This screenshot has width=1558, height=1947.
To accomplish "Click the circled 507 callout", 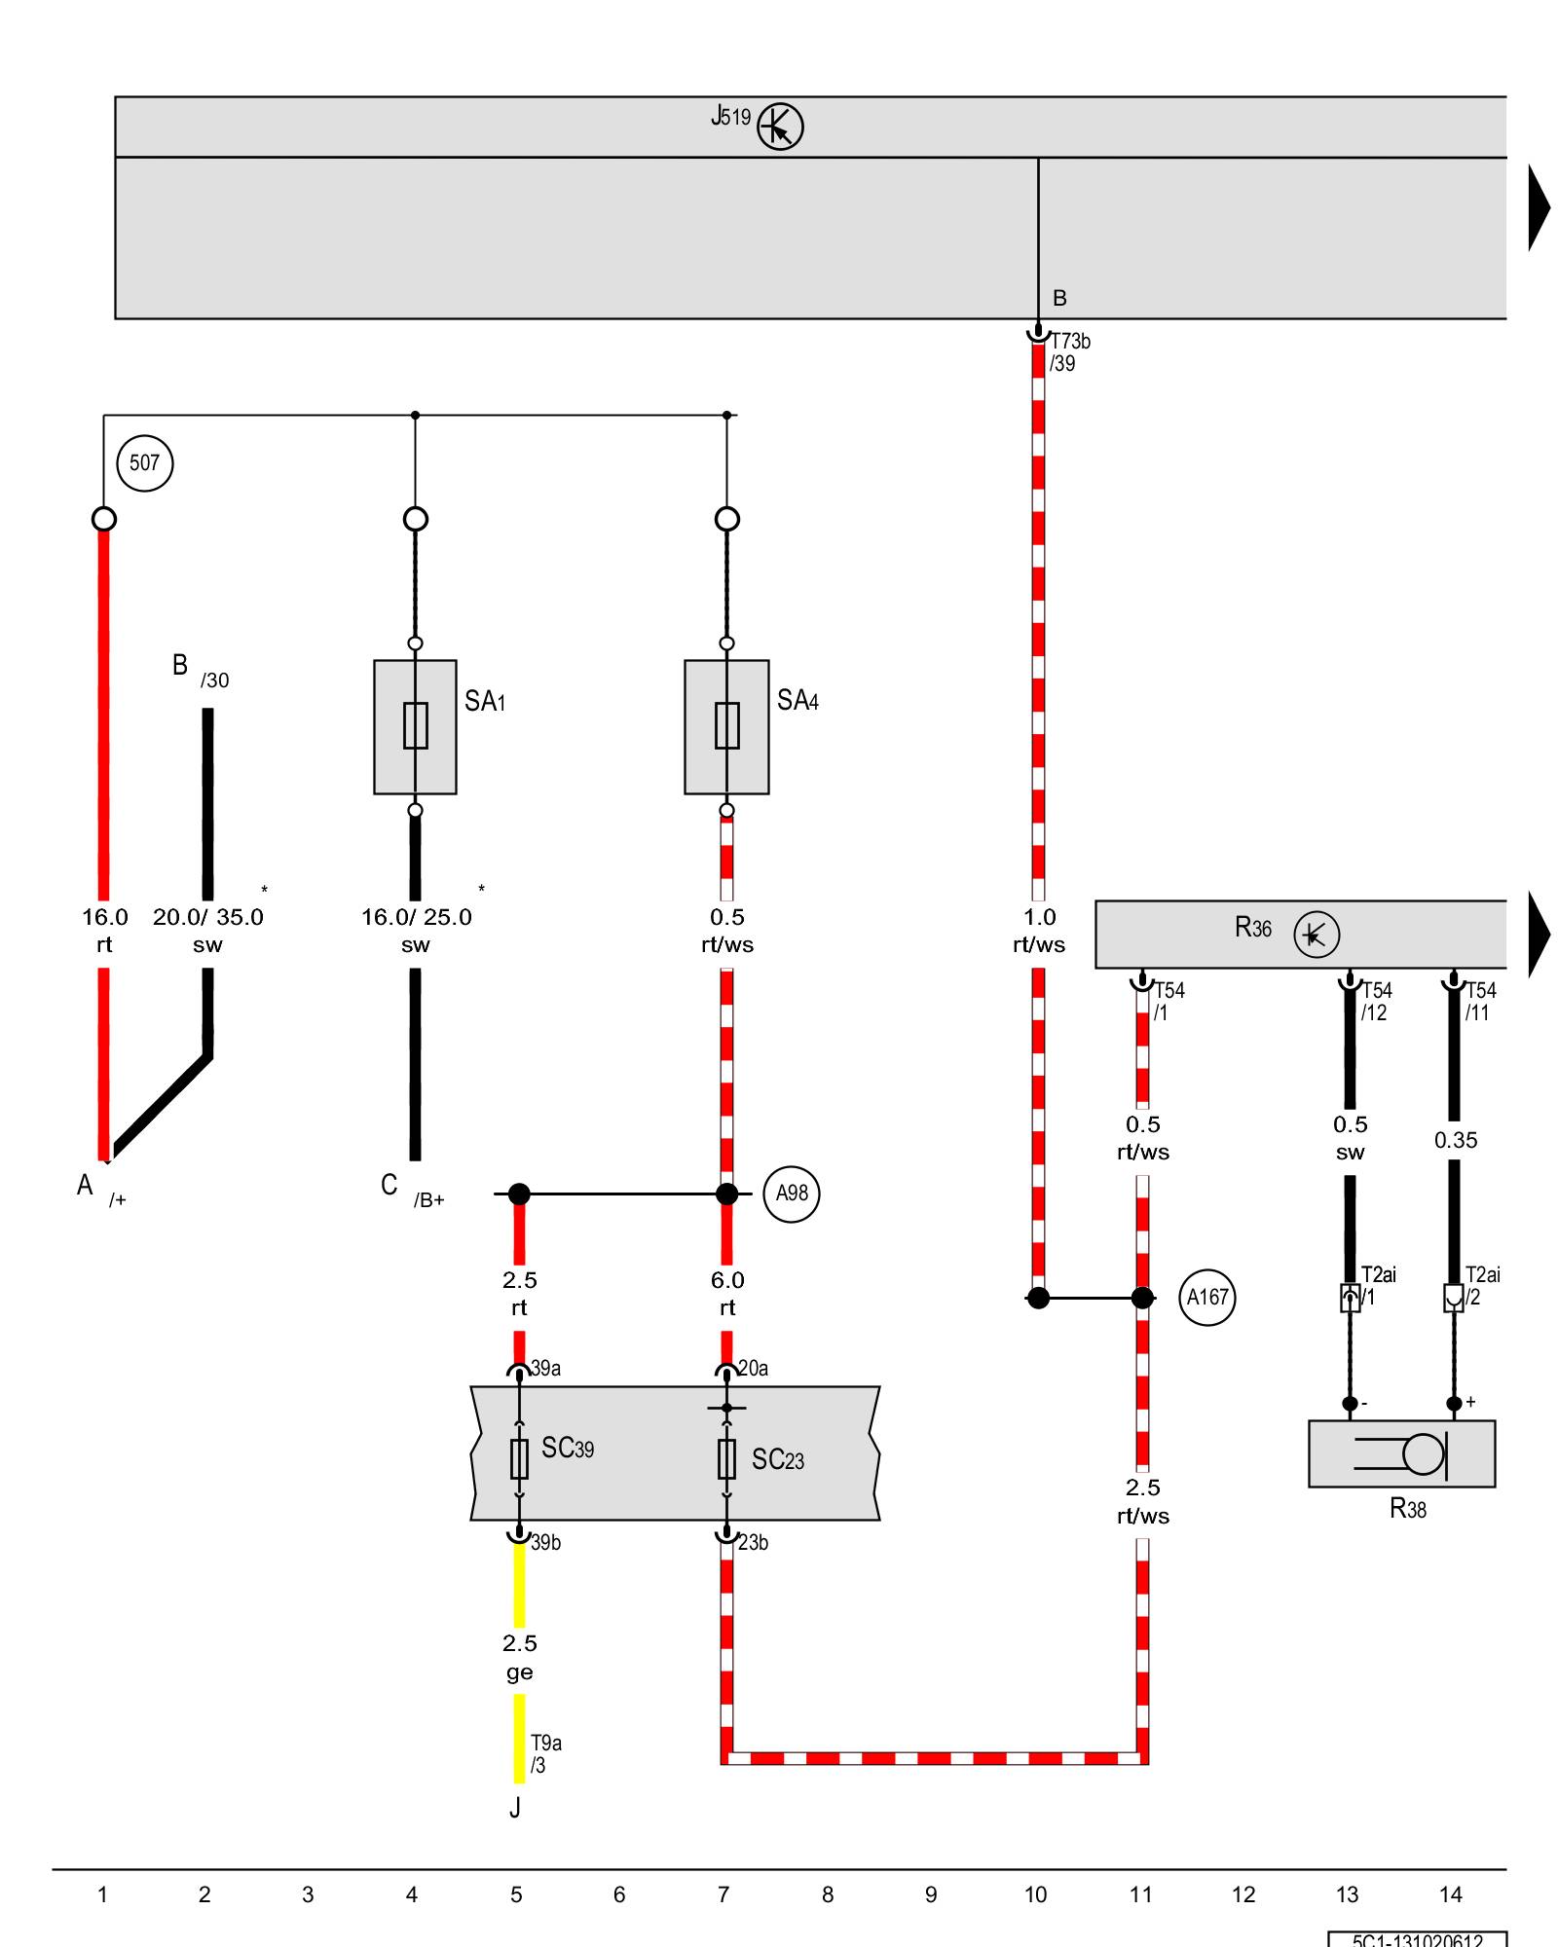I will coord(144,463).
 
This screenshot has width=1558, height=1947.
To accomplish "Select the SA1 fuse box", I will coord(415,726).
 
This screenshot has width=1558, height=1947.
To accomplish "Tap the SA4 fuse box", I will coord(726,726).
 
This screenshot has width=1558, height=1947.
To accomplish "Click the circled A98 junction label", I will coord(792,1194).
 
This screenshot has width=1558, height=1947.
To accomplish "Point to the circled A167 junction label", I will coord(1207,1298).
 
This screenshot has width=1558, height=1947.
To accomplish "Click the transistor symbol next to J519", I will coord(780,127).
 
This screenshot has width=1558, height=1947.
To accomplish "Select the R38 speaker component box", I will coord(1401,1453).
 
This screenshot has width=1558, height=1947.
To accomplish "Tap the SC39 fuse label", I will coord(568,1449).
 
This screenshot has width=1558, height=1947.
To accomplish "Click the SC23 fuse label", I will coord(778,1459).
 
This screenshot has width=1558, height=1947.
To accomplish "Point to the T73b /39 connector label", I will coord(1068,352).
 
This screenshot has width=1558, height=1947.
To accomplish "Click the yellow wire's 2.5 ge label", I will coord(519,1657).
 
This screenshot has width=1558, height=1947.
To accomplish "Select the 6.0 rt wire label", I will coord(727,1294).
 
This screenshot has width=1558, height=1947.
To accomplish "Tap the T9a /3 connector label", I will coord(545,1753).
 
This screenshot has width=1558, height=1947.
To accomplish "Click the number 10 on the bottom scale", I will coord(1035,1894).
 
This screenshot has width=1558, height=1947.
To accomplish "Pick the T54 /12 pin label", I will coord(1376,1002).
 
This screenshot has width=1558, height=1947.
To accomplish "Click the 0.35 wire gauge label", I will coord(1456,1140).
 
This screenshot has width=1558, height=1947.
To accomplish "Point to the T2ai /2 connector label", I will coord(1482,1285).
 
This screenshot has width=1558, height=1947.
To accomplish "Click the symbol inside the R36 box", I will coord(1317,935).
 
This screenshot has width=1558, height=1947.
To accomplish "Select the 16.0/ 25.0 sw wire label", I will coord(416,931).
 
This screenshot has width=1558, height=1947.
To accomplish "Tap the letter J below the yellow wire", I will coord(515,1808).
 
